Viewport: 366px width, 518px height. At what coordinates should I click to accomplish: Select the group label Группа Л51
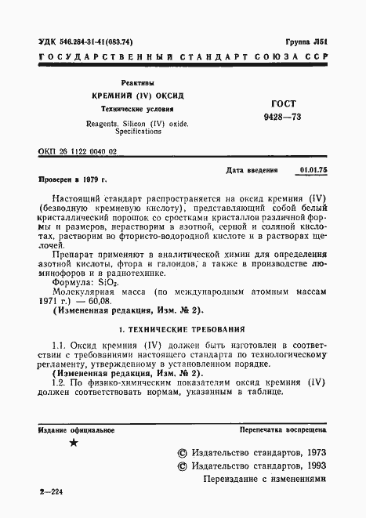coord(306,42)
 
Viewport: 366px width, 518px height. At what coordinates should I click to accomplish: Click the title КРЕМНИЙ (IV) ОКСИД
coord(137,96)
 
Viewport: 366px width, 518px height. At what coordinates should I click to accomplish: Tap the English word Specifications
coord(136,132)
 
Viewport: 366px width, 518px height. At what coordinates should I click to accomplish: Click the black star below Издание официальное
coord(74,444)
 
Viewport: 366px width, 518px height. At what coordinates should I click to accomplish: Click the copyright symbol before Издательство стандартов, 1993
coord(183,465)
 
